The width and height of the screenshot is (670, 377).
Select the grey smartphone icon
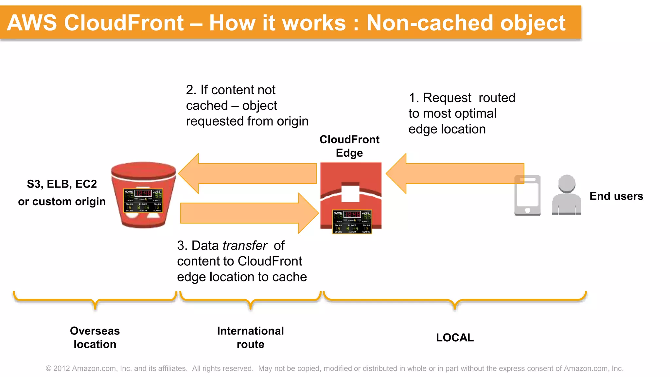[527, 195]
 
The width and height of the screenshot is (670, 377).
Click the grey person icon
[566, 196]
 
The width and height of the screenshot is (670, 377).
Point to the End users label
[616, 196]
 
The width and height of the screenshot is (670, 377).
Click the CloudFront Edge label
[349, 146]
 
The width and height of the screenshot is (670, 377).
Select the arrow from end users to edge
[455, 173]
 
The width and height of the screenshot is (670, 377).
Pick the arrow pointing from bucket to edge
[249, 213]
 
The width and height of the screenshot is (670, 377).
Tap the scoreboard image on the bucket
[143, 201]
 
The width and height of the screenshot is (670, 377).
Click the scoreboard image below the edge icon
[352, 222]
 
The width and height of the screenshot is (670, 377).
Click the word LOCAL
[455, 337]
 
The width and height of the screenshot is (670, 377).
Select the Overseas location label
[95, 337]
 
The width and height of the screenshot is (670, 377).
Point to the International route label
[250, 337]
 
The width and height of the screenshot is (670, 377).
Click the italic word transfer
[245, 245]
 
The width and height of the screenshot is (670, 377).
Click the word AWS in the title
[32, 23]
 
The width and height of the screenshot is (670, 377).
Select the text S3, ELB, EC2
[62, 184]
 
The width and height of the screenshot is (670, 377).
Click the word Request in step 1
[447, 98]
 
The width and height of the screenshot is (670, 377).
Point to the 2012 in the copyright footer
[62, 368]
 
